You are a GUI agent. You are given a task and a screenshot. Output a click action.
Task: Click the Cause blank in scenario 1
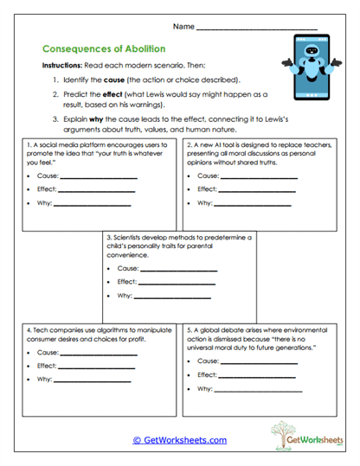[x=100, y=177]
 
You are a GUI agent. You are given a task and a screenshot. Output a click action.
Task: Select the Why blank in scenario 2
[x=251, y=204]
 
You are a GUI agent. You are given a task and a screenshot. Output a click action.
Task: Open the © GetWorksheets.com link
[x=180, y=440]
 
